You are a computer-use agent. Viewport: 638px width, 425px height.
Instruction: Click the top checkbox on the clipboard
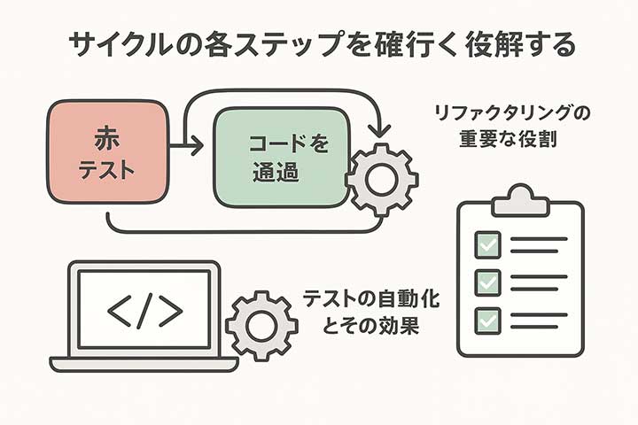coord(488,243)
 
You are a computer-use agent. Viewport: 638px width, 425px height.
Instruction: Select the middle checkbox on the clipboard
coord(488,282)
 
